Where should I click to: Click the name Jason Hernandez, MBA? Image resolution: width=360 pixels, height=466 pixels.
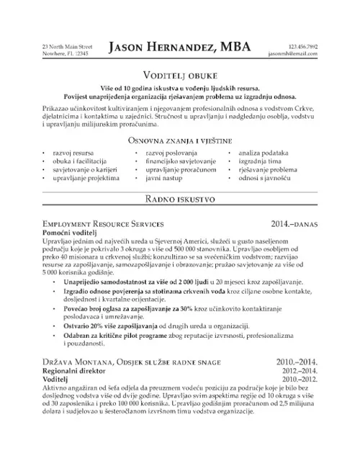(180, 47)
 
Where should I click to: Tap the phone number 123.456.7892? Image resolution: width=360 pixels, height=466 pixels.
(302, 46)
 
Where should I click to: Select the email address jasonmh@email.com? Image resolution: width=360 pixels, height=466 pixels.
(292, 53)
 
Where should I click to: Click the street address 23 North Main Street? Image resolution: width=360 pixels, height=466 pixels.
(68, 46)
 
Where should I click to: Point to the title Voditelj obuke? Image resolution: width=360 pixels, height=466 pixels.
(180, 74)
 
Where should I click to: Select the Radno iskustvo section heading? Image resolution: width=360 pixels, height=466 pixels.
(180, 197)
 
